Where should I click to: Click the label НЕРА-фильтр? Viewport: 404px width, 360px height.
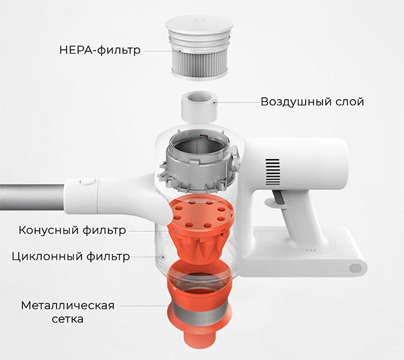tap(100, 50)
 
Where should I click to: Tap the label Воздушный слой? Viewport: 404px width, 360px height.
tap(312, 102)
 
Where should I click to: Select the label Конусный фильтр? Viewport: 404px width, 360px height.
tap(73, 230)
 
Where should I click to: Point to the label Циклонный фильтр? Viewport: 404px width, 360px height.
tap(71, 257)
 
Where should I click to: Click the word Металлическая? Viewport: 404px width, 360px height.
tap(68, 305)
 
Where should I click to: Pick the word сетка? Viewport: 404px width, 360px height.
tap(67, 320)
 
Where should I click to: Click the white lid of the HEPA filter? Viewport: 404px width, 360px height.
tap(199, 25)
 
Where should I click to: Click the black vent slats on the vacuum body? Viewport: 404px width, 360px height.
tap(273, 171)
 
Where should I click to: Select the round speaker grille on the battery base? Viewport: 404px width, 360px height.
tap(356, 268)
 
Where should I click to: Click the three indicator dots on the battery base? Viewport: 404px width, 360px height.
tap(310, 250)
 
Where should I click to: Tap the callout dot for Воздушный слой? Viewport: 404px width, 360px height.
tap(214, 102)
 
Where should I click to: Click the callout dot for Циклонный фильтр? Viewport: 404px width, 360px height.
tap(163, 257)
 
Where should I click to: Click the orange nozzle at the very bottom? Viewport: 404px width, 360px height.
tap(199, 338)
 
